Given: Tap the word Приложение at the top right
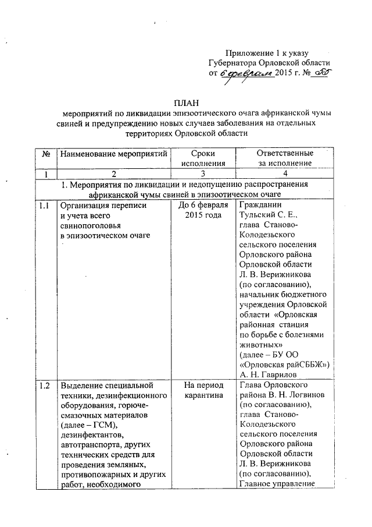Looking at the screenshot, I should click(x=249, y=52).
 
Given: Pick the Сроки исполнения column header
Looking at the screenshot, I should click(x=203, y=158).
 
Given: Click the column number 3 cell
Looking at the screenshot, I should click(x=203, y=174).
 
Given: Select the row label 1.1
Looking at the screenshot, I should click(x=45, y=206).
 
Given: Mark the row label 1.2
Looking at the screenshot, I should click(x=45, y=385).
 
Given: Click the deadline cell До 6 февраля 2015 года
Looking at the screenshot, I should click(x=203, y=211).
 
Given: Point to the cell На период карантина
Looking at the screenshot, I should click(x=203, y=390).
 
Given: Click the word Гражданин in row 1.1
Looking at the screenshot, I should click(x=260, y=206).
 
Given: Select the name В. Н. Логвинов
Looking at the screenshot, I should click(x=296, y=395).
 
